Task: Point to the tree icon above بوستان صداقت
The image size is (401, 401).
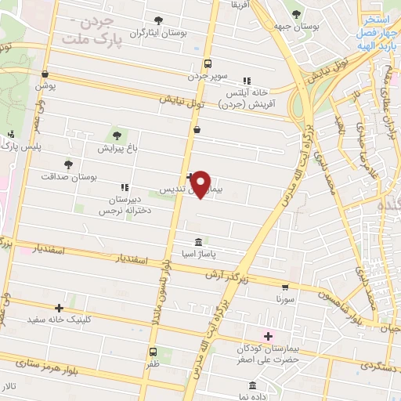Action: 69,164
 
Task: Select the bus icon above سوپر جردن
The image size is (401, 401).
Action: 207,63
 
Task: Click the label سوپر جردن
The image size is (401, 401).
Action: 207,77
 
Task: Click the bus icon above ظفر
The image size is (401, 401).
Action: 153,352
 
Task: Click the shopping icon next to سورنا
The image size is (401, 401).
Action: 285,287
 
